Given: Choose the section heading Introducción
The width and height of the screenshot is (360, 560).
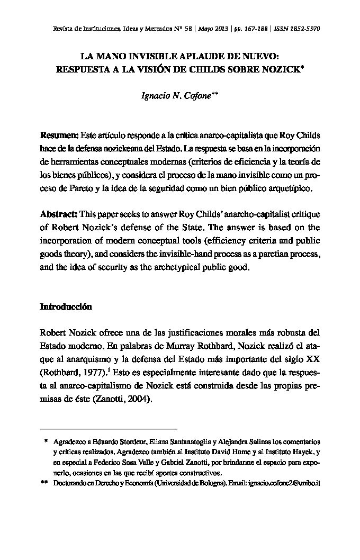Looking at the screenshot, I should tap(66, 307).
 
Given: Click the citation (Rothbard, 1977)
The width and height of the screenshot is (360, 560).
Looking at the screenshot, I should tap(67, 372).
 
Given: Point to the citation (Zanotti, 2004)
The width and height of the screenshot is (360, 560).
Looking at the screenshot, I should tap(115, 400).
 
